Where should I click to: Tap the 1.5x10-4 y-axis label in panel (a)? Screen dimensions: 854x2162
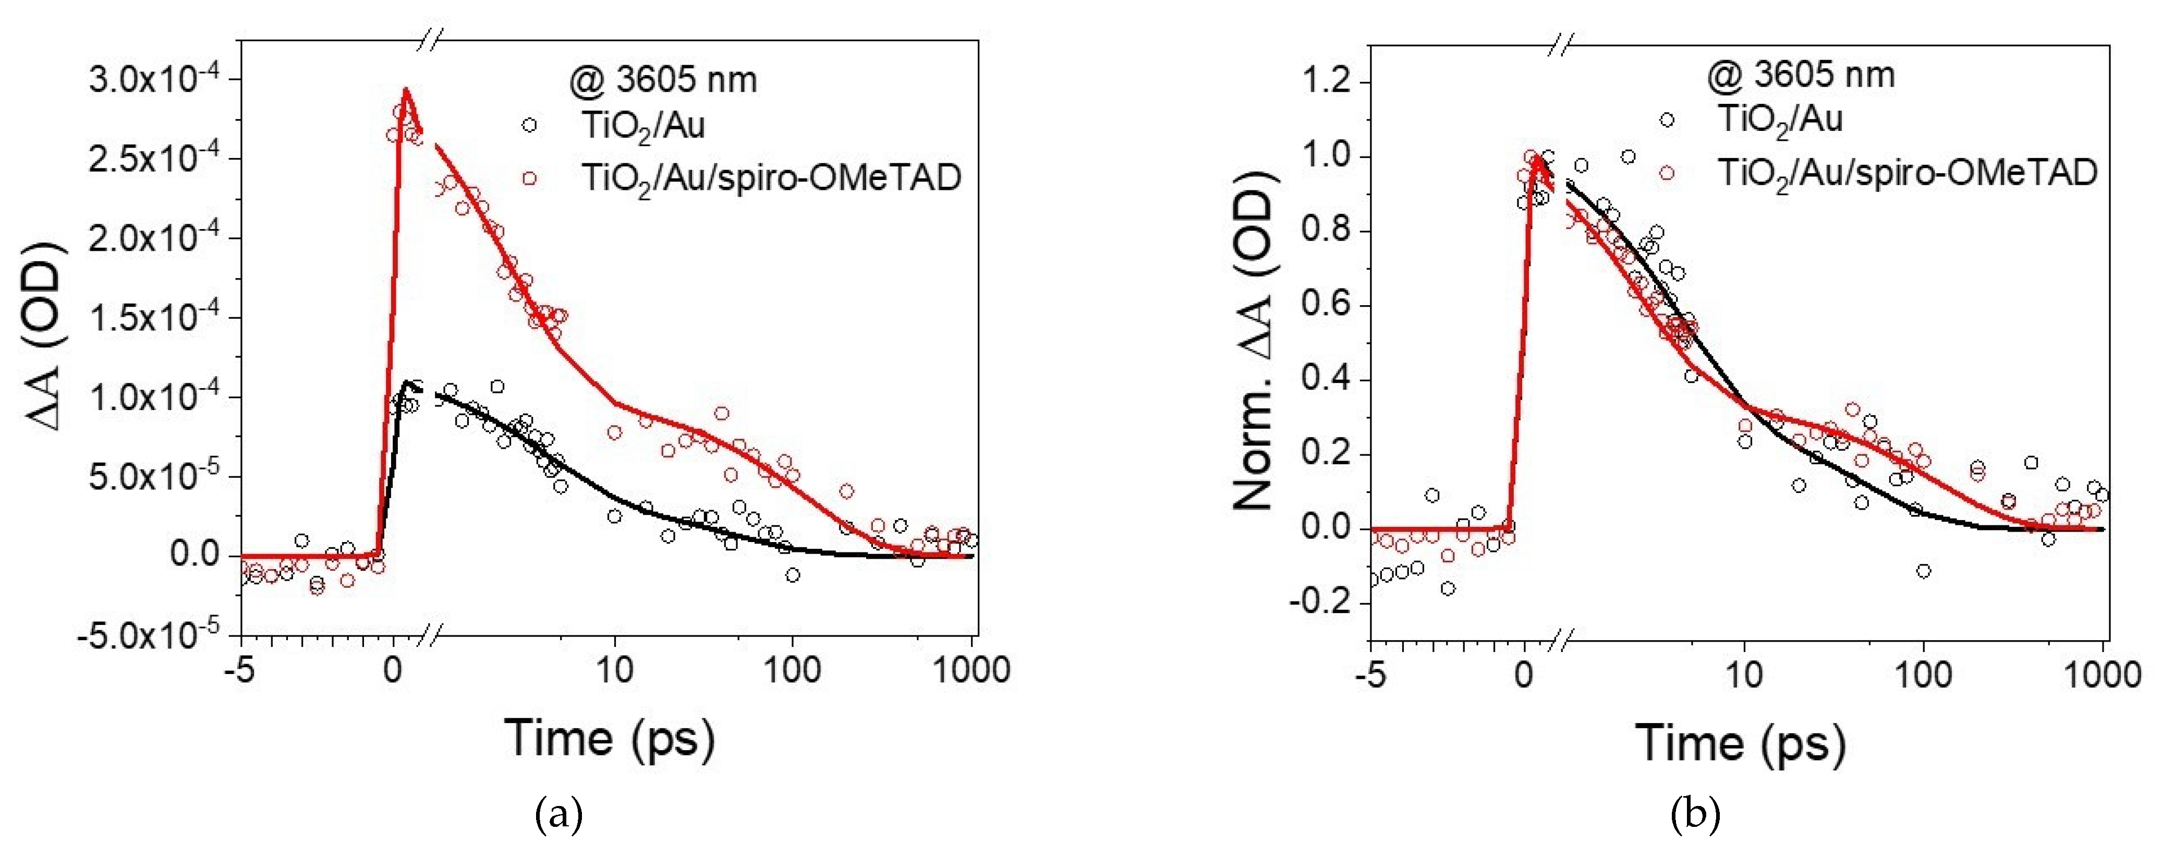[x=156, y=317]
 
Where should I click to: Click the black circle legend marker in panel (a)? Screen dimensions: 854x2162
[x=529, y=125]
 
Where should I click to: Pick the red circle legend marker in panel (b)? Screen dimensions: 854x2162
[x=1667, y=173]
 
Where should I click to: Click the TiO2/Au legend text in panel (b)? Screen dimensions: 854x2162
[x=1780, y=120]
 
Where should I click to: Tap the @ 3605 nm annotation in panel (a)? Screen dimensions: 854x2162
[x=663, y=80]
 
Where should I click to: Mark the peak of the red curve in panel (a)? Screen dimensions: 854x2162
[x=405, y=89]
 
